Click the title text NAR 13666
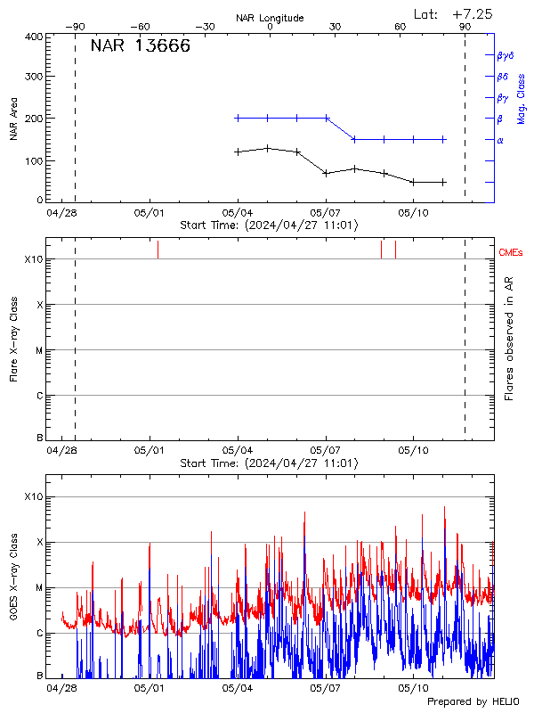[140, 46]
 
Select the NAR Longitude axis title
[270, 18]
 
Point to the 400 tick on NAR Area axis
[35, 37]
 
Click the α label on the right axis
[500, 140]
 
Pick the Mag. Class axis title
[522, 98]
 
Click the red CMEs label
[511, 253]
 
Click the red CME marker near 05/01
[158, 250]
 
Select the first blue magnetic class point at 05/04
[238, 118]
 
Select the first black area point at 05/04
[238, 152]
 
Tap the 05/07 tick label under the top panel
[326, 213]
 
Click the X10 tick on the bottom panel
[33, 496]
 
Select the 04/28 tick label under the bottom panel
[61, 688]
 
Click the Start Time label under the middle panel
[270, 464]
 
